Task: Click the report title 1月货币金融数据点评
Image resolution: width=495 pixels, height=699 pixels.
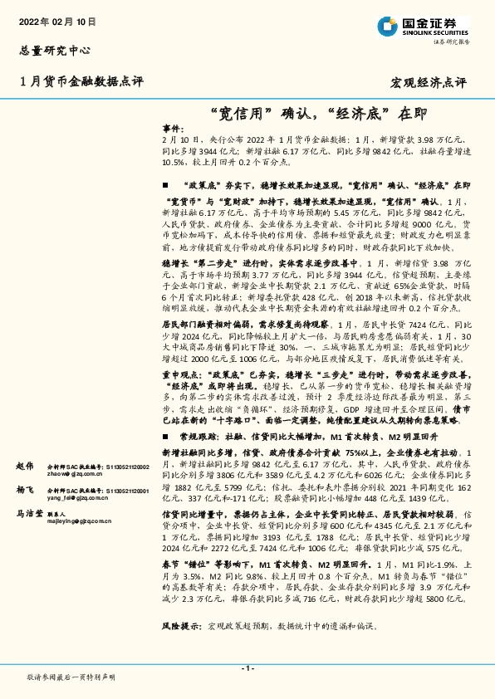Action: pyautogui.click(x=81, y=81)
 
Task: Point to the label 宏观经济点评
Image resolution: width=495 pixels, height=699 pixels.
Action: pyautogui.click(x=429, y=83)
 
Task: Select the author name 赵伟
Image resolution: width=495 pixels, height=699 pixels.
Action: pyautogui.click(x=25, y=467)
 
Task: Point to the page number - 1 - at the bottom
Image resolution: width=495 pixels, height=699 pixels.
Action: pyautogui.click(x=247, y=667)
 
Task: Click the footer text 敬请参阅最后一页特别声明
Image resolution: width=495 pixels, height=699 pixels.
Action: pyautogui.click(x=71, y=677)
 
